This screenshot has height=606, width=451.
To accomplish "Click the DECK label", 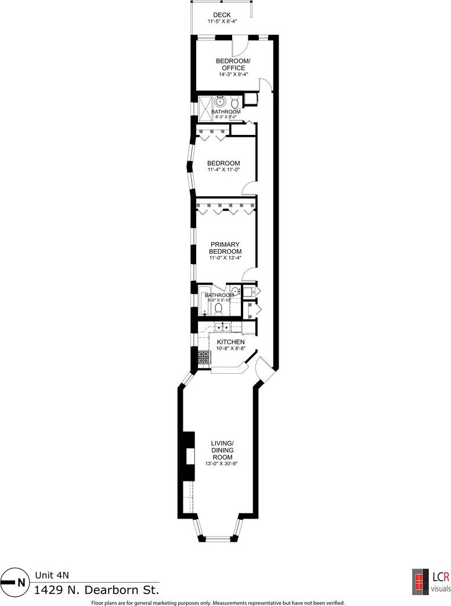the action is pyautogui.click(x=222, y=15).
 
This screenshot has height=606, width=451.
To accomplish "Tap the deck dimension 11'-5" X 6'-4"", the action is pyautogui.click(x=222, y=21).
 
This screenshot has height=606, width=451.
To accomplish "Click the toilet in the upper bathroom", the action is pyautogui.click(x=235, y=103).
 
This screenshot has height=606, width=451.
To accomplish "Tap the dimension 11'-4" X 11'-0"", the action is pyautogui.click(x=223, y=169).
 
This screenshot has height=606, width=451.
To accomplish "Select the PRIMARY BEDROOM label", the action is pyautogui.click(x=225, y=248).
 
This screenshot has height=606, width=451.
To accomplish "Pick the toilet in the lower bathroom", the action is pyautogui.click(x=219, y=308).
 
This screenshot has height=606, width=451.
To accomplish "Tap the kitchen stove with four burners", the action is pyautogui.click(x=204, y=357).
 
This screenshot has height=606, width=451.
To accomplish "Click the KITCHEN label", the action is pyautogui.click(x=231, y=342).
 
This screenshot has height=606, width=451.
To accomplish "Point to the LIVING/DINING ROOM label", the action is pyautogui.click(x=222, y=450).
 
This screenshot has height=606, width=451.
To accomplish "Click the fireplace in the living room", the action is pyautogui.click(x=189, y=456).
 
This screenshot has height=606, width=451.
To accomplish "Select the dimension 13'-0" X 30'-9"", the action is pyautogui.click(x=221, y=464).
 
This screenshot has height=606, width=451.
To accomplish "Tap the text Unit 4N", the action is pyautogui.click(x=52, y=575).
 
